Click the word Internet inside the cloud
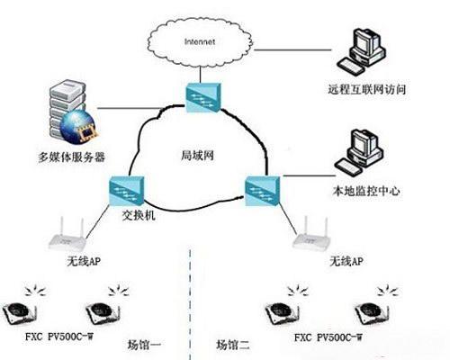pyautogui.click(x=200, y=41)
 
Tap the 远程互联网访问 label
pyautogui.click(x=366, y=89)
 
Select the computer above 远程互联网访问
pyautogui.click(x=361, y=51)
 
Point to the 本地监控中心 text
pyautogui.click(x=366, y=191)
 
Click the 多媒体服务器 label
pyautogui.click(x=71, y=157)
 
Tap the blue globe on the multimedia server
pyautogui.click(x=78, y=126)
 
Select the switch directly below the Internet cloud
pyautogui.click(x=203, y=98)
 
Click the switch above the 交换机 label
pyautogui.click(x=126, y=191)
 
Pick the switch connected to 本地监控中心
pyautogui.click(x=262, y=191)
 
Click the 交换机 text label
pyautogui.click(x=139, y=215)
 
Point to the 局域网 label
pyautogui.click(x=197, y=156)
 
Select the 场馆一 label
pyautogui.click(x=144, y=345)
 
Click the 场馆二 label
pyautogui.click(x=233, y=345)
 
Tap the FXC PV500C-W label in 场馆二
pyautogui.click(x=328, y=337)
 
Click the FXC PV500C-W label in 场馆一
pyautogui.click(x=59, y=337)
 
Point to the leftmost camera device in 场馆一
pyautogui.click(x=20, y=313)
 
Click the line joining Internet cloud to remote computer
pyautogui.click(x=292, y=50)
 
